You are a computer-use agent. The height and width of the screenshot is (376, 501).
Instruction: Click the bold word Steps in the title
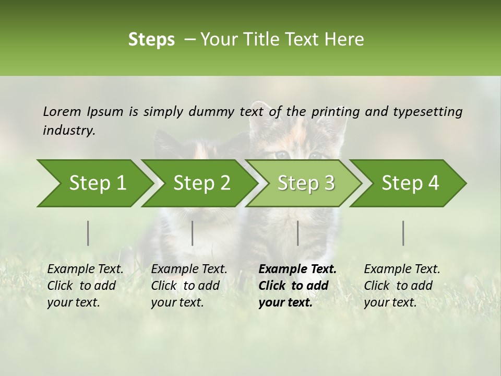151,40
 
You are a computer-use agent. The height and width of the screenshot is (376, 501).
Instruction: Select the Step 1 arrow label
98,183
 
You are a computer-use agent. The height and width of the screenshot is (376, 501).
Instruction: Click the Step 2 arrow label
202,183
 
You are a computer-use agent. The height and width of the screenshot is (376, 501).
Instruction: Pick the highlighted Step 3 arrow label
306,183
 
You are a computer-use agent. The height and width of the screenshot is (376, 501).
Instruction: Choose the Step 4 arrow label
410,183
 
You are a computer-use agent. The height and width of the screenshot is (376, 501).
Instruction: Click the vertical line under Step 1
88,233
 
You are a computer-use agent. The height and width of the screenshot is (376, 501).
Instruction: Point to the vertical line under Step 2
193,233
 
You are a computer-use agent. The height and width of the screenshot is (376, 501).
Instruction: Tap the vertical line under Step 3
297,233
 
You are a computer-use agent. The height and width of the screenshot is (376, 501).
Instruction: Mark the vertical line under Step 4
403,233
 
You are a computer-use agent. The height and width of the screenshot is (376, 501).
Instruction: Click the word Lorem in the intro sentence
62,112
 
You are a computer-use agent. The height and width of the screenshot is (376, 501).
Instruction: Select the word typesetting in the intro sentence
427,112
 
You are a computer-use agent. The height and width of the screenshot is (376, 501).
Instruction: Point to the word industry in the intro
69,131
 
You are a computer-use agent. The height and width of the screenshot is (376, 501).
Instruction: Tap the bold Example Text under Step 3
297,269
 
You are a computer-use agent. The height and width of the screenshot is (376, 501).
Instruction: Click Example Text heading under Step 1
85,269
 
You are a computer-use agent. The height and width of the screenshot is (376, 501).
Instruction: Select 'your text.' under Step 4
390,302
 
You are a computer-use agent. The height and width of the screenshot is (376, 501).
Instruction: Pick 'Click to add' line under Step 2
185,286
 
